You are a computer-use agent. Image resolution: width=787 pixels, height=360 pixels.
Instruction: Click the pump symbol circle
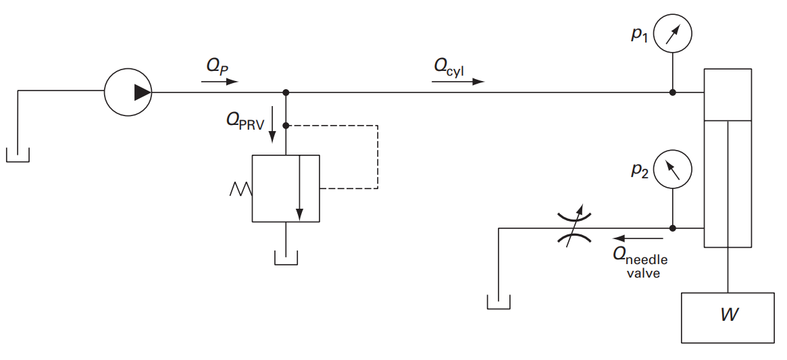tap(128, 93)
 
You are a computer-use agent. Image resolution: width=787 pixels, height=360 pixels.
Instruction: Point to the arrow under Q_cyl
tap(458, 81)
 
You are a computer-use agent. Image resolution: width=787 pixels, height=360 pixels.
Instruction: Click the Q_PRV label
tap(245, 121)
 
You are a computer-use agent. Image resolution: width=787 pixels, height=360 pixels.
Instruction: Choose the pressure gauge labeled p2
tap(674, 169)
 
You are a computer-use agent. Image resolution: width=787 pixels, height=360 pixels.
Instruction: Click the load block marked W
tap(728, 317)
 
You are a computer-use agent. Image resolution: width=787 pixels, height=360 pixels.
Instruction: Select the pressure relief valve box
tap(286, 188)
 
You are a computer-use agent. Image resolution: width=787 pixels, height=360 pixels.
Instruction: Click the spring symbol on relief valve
tap(240, 188)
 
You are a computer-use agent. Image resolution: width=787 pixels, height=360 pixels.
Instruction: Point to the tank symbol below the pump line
tap(18, 155)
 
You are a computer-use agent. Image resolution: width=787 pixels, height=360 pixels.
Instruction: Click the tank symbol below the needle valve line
tap(499, 301)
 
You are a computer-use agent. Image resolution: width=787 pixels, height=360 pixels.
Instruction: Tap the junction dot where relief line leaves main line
tap(286, 93)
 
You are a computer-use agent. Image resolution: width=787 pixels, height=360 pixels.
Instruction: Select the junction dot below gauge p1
tap(673, 93)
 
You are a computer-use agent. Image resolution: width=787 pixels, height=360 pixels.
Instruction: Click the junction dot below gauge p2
tap(673, 228)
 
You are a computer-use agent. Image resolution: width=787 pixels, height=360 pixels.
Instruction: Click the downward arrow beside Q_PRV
tap(272, 124)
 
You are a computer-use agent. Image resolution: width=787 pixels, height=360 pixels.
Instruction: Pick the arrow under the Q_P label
tap(220, 81)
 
